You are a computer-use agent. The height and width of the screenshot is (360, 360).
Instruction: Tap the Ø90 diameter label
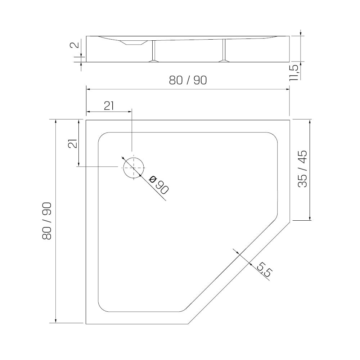pos(159,185)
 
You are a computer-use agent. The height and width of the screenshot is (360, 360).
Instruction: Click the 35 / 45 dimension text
pos(302,169)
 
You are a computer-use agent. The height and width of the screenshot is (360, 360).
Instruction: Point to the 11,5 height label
pos(294,73)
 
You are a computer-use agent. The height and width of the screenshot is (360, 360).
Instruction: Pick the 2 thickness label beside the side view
pos(75,45)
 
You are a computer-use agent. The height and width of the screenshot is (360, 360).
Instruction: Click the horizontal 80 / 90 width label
pos(188,80)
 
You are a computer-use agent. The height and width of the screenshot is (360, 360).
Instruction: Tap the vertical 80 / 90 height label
pos(47,221)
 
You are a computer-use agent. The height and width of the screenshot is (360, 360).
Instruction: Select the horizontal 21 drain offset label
pos(109,106)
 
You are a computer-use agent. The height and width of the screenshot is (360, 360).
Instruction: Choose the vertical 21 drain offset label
pos(73,144)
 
